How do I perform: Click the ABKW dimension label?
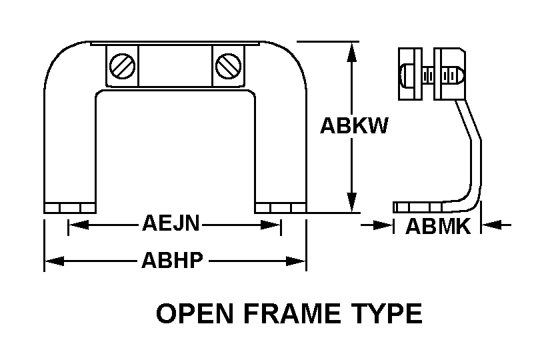[354, 125]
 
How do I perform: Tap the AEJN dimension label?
[171, 223]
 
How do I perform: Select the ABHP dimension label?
[172, 260]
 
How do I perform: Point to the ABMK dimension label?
[438, 227]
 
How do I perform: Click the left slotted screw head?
[122, 65]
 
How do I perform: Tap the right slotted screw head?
[228, 65]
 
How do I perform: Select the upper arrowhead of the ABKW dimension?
[351, 53]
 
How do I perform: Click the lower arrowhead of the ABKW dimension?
[351, 202]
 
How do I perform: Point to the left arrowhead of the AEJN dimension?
[79, 225]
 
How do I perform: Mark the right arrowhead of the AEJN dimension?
[271, 225]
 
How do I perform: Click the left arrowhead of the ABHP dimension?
[55, 261]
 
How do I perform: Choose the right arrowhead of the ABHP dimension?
[296, 261]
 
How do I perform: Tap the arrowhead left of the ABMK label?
[383, 225]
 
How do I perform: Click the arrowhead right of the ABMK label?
[491, 225]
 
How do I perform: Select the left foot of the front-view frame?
[70, 208]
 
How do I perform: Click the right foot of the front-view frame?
[280, 208]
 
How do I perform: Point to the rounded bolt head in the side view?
[406, 74]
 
